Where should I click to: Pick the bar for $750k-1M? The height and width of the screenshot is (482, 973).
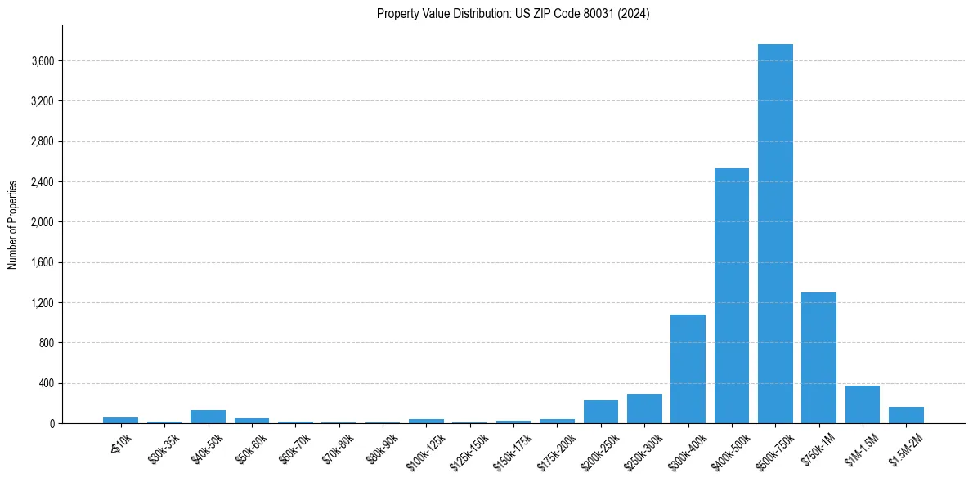point(818,358)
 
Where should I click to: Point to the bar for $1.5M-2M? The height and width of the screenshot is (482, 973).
point(906,415)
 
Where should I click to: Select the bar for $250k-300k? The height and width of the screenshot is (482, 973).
point(644,408)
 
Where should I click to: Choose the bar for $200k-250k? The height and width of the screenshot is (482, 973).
point(601,412)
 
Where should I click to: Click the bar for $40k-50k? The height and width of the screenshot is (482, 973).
point(208,417)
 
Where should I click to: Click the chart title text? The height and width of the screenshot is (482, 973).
point(513,14)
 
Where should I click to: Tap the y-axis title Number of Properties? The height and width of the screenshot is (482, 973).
point(13,224)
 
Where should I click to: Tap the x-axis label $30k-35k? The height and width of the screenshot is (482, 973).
point(164,445)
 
